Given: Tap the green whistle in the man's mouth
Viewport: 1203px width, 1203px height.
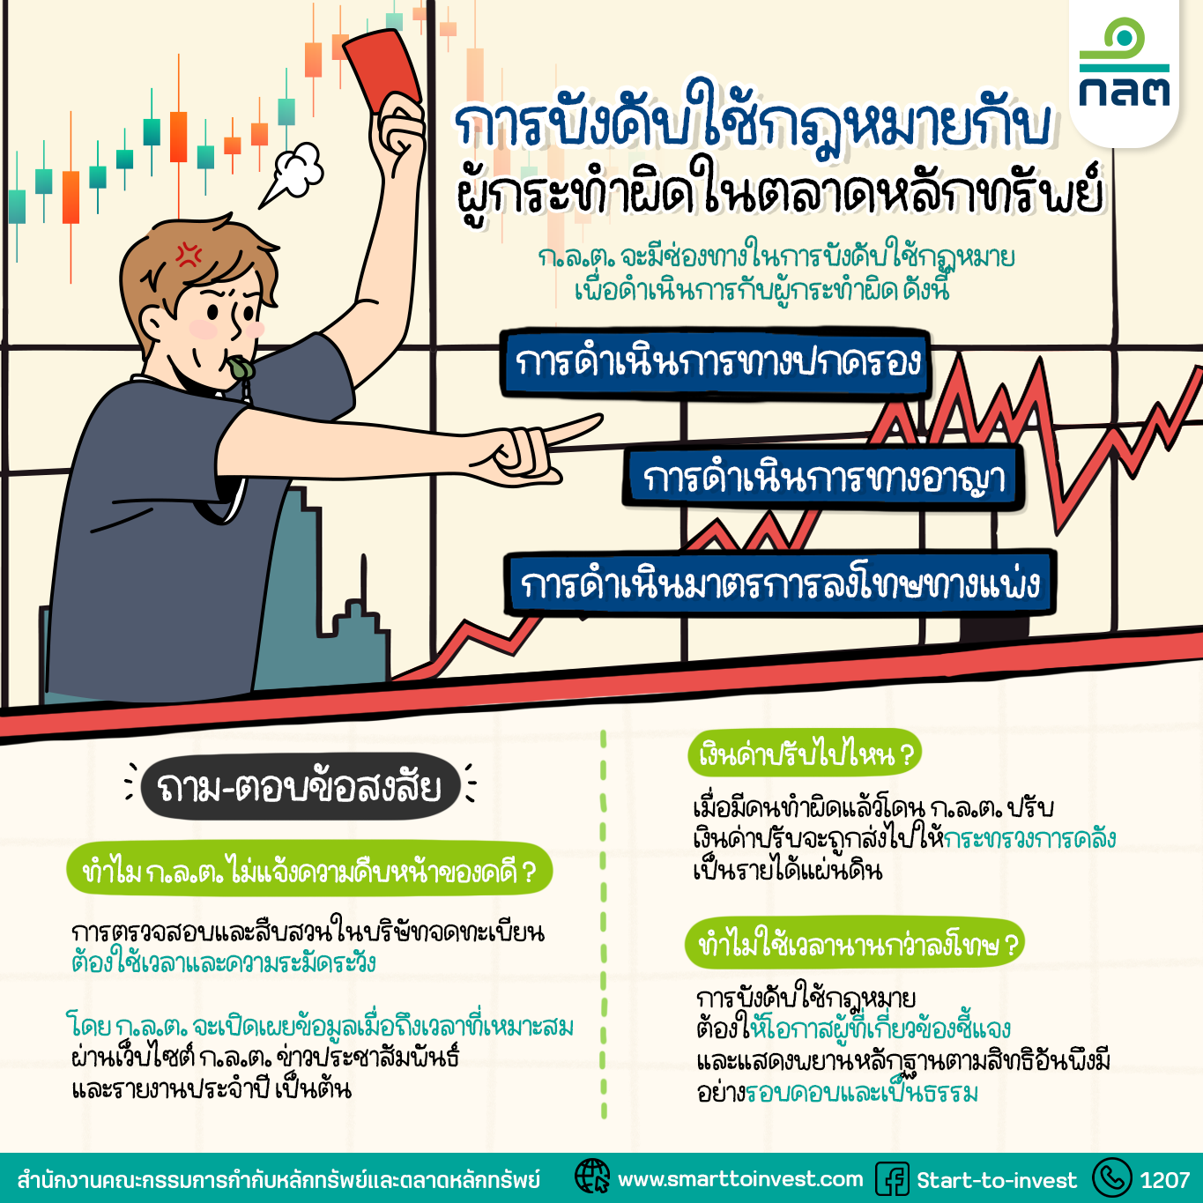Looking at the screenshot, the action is pyautogui.click(x=241, y=368).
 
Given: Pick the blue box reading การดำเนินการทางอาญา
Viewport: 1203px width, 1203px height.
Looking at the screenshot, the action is pyautogui.click(x=823, y=479).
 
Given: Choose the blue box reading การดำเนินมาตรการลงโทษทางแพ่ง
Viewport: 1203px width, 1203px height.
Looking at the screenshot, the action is pyautogui.click(x=780, y=584).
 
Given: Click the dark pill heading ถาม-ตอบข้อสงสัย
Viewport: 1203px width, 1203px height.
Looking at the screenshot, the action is pyautogui.click(x=301, y=787).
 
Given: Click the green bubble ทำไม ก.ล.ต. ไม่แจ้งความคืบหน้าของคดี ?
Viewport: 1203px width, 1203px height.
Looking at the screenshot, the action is pyautogui.click(x=309, y=869).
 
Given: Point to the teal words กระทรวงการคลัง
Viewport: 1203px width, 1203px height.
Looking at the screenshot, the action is pyautogui.click(x=1030, y=839).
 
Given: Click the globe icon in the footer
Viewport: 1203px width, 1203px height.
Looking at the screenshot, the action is pyautogui.click(x=592, y=1177).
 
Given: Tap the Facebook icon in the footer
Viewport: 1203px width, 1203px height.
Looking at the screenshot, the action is pyautogui.click(x=892, y=1178).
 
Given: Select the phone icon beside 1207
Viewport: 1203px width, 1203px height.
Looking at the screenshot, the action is pyautogui.click(x=1112, y=1177).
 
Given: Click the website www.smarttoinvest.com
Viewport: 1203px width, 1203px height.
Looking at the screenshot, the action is pyautogui.click(x=740, y=1178).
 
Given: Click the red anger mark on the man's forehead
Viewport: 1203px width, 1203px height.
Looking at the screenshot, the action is pyautogui.click(x=189, y=254).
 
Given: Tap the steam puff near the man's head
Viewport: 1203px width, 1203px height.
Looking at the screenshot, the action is pyautogui.click(x=293, y=173).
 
